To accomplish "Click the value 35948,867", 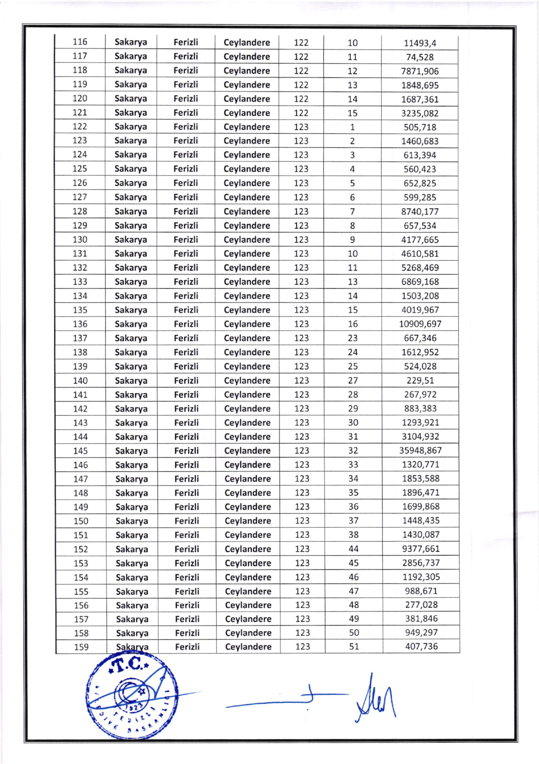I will (420, 450).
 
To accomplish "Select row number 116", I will (80, 42).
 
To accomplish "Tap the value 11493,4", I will (420, 43).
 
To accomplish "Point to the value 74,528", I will (420, 57).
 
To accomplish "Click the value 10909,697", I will (420, 324).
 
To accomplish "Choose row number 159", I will (81, 647).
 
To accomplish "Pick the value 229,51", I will (420, 380).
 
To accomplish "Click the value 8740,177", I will (420, 212).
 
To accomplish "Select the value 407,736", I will (421, 647).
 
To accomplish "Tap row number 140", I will (80, 381).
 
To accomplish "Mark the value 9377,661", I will (421, 549).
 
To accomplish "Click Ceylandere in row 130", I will (247, 240).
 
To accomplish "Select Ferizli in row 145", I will (187, 451).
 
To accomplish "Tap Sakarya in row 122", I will (131, 127).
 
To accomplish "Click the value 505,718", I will (420, 127).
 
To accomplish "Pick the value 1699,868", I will (421, 507).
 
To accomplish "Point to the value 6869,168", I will (420, 282).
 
